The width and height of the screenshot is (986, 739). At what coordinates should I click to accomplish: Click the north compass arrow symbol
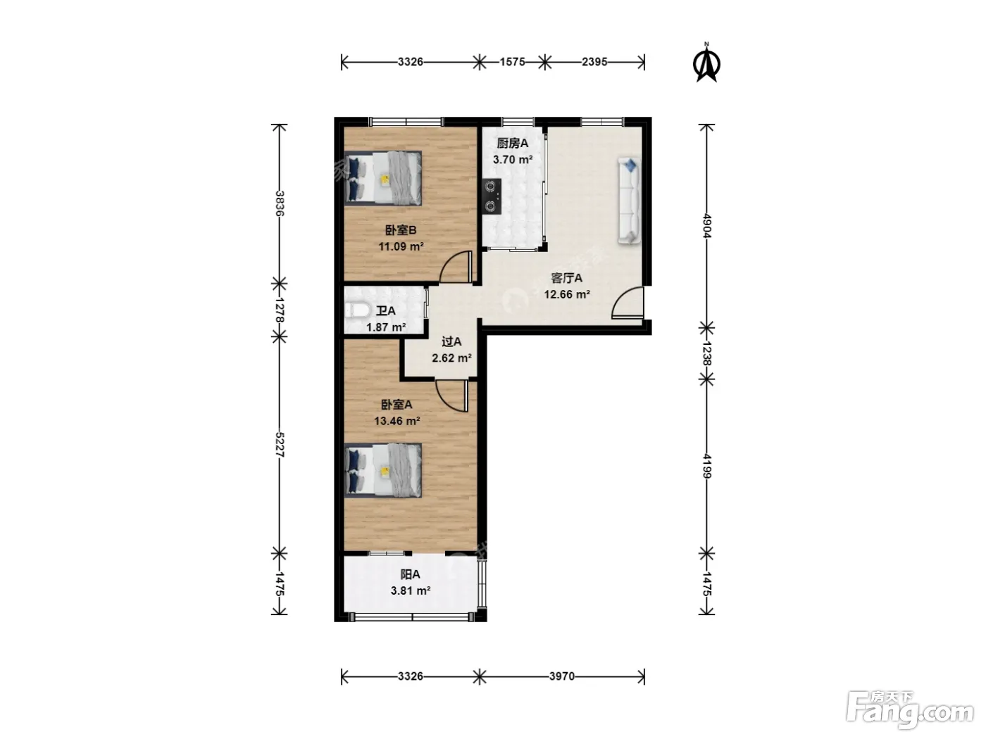point(706,64)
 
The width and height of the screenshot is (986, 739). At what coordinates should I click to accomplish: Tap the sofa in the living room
point(629,200)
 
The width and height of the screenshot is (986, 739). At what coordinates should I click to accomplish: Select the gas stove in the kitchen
point(492,196)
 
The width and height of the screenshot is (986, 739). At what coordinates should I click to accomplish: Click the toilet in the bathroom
point(358,310)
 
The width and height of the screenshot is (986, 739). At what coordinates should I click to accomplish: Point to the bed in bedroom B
point(383,178)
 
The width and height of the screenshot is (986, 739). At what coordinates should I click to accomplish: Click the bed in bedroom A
point(383,470)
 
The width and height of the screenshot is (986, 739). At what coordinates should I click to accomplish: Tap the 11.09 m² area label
point(401,246)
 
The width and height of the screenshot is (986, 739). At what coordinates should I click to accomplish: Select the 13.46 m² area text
point(397,421)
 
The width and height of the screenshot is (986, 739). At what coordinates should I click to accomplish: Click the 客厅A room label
point(567,278)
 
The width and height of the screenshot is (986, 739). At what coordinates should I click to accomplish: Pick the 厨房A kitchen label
point(513,143)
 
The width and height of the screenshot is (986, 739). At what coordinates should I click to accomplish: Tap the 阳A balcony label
point(410,574)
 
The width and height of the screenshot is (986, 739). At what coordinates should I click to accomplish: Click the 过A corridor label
point(451,341)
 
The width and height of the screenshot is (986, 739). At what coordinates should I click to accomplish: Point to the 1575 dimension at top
point(513,61)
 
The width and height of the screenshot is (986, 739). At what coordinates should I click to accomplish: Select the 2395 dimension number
point(594,61)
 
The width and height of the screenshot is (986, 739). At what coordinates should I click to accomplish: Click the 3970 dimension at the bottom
point(561,676)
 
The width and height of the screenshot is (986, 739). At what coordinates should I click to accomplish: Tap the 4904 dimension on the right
point(706,226)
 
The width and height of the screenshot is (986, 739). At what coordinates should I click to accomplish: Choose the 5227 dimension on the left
point(279,445)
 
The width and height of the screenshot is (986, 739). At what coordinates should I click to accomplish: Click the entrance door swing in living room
point(628,303)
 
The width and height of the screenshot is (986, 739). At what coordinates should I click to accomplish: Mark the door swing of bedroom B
point(456,267)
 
